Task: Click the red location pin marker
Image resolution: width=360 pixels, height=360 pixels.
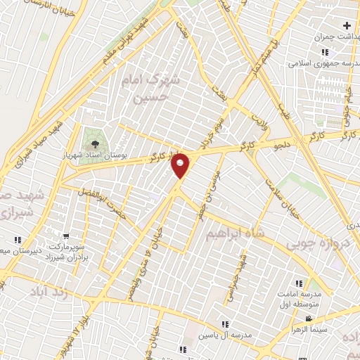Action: (180, 165)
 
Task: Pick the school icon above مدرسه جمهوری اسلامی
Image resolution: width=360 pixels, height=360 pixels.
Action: (325, 52)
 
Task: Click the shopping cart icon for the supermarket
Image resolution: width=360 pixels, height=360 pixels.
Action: (65, 236)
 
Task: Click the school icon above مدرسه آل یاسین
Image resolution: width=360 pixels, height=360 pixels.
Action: (225, 324)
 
